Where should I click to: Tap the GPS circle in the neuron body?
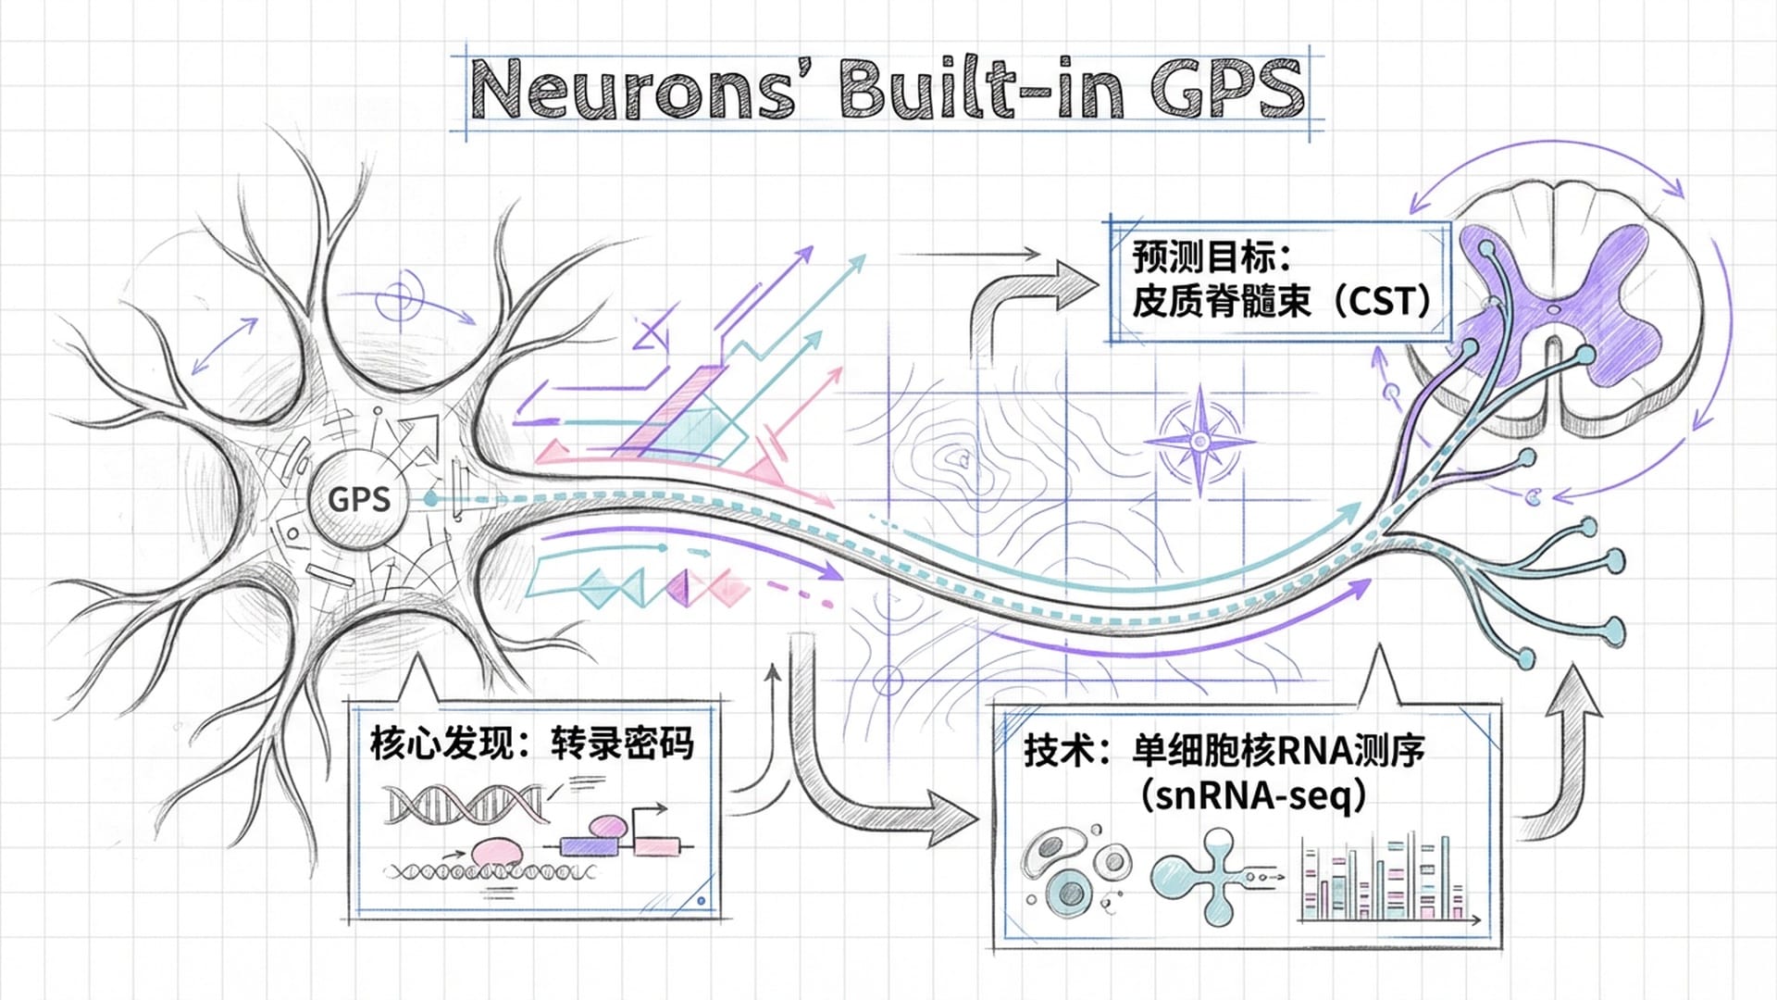pyautogui.click(x=358, y=499)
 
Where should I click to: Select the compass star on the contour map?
pyautogui.click(x=1199, y=443)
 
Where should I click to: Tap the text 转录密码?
pyautogui.click(x=622, y=744)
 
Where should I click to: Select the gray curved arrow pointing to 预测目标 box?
pyautogui.click(x=1027, y=296)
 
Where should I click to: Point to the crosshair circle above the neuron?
pyautogui.click(x=400, y=298)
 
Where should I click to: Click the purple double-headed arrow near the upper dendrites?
pyautogui.click(x=225, y=345)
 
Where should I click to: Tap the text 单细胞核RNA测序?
pyautogui.click(x=1278, y=751)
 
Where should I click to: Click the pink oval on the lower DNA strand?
pyautogui.click(x=497, y=851)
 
